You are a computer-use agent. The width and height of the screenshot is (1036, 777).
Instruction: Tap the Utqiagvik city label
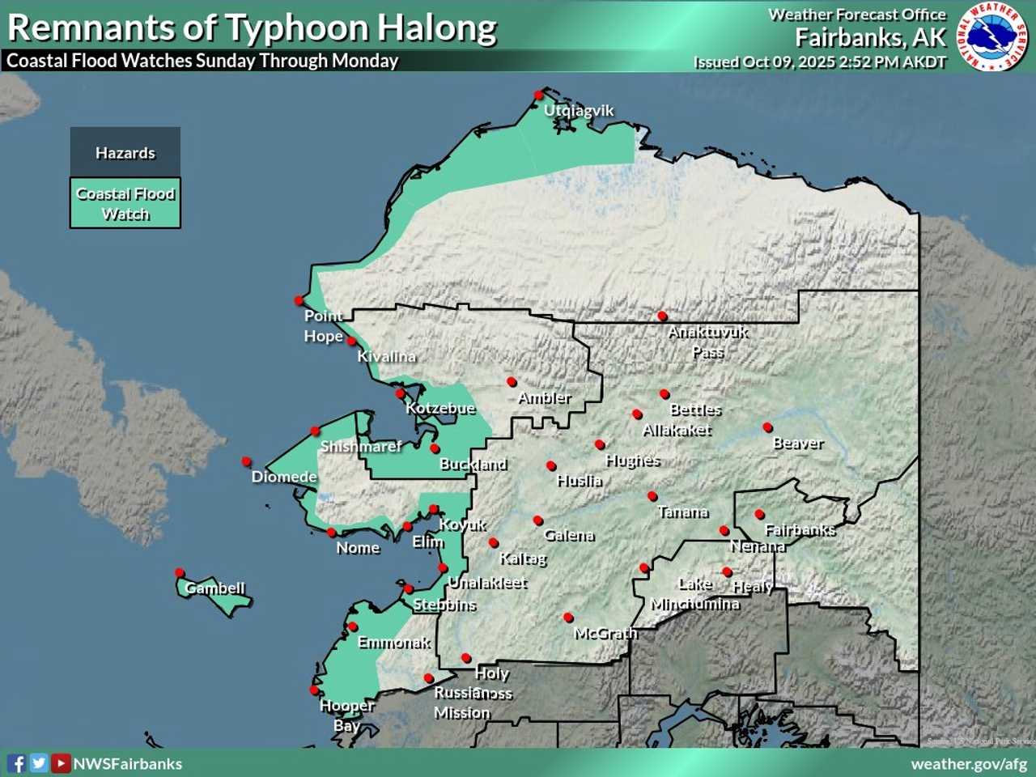(579, 111)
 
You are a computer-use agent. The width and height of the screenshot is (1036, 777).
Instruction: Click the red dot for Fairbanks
(759, 514)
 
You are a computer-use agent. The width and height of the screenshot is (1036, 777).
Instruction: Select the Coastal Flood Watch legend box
(125, 203)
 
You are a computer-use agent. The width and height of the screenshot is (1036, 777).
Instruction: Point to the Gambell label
(214, 588)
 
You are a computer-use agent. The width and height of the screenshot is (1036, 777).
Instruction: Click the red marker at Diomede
(247, 461)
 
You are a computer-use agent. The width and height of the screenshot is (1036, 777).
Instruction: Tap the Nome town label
(358, 548)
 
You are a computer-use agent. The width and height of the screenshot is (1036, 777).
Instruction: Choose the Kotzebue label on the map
(440, 408)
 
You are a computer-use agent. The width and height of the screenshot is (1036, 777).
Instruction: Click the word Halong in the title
(438, 28)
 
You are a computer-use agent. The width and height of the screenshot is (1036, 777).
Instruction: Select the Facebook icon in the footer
(16, 763)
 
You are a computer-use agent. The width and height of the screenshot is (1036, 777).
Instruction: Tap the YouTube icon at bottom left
(61, 763)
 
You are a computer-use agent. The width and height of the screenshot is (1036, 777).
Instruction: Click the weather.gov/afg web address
(968, 763)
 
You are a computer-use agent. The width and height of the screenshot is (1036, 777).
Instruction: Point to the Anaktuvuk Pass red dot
(662, 316)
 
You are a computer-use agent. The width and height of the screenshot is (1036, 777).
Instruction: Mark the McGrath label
(605, 633)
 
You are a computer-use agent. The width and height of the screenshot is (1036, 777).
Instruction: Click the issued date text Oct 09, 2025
(789, 62)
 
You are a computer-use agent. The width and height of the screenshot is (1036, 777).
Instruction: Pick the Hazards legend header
(125, 153)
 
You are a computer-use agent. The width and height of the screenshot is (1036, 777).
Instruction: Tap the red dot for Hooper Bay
(315, 690)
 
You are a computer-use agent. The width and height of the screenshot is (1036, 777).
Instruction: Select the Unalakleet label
(487, 583)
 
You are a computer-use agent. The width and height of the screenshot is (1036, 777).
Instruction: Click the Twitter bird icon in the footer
(38, 763)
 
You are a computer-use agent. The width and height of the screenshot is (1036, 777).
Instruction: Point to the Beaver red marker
(767, 427)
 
